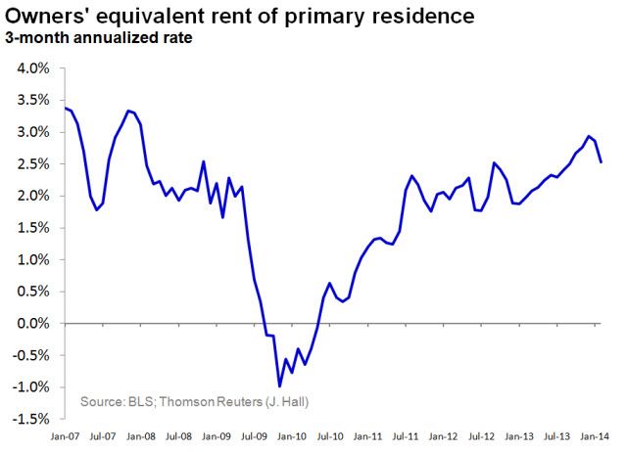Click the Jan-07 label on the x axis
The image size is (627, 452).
pyautogui.click(x=66, y=435)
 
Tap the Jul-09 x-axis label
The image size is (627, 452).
pyautogui.click(x=256, y=435)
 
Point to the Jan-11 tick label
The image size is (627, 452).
pyautogui.click(x=368, y=435)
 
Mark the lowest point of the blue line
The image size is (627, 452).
pyautogui.click(x=279, y=386)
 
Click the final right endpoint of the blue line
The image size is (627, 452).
pyautogui.click(x=601, y=161)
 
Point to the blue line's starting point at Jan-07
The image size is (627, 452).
pyautogui.click(x=65, y=108)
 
